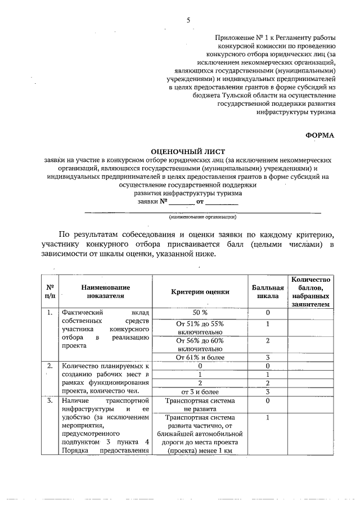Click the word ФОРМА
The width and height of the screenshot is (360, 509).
[x=319, y=135]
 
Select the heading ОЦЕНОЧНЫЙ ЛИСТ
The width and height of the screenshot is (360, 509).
[x=188, y=151]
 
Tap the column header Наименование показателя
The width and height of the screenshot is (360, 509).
[x=105, y=291]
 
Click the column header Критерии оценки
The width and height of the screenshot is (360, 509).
[x=200, y=291]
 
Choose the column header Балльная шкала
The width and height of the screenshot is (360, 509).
[x=268, y=291]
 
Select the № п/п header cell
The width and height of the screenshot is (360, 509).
[x=49, y=291]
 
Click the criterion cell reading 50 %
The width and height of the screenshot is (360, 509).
[x=200, y=313]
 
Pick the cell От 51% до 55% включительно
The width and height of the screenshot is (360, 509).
[x=200, y=328]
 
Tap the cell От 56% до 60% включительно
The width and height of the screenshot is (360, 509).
[x=200, y=344]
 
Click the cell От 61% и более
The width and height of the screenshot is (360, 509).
[x=200, y=357]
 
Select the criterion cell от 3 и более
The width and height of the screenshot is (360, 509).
[x=200, y=391]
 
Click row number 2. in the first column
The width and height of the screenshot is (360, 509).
[x=49, y=366]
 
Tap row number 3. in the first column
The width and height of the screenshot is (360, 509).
[x=49, y=401]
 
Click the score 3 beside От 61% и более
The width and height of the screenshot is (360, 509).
[x=268, y=357]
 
